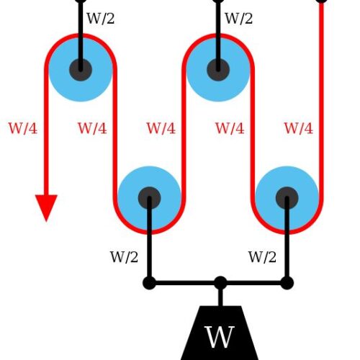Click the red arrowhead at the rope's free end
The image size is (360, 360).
(x=46, y=207)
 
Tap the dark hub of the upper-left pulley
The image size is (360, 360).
(x=81, y=70)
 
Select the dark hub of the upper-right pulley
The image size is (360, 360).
(x=218, y=70)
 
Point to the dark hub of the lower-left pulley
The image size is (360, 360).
(x=149, y=198)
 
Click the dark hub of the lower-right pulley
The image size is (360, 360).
(x=287, y=198)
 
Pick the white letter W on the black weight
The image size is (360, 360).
(x=219, y=337)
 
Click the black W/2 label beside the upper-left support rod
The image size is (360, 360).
(x=101, y=18)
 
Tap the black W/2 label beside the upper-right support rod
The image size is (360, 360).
(x=238, y=18)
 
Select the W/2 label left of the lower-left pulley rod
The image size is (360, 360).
(x=124, y=257)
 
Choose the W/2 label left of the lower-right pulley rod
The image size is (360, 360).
(x=262, y=257)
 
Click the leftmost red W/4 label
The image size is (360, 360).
(x=23, y=128)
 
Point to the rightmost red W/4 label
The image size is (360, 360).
(x=299, y=128)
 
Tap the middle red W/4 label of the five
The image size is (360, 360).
(x=161, y=128)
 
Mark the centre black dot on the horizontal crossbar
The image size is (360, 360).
(x=220, y=283)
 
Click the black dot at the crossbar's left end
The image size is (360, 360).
(x=149, y=283)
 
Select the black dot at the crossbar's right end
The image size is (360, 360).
(x=287, y=283)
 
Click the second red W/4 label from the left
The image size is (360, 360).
(x=92, y=128)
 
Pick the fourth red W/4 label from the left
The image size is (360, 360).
(x=230, y=128)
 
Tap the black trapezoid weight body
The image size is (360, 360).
(x=219, y=333)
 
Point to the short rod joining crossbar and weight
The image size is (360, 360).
(x=220, y=297)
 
